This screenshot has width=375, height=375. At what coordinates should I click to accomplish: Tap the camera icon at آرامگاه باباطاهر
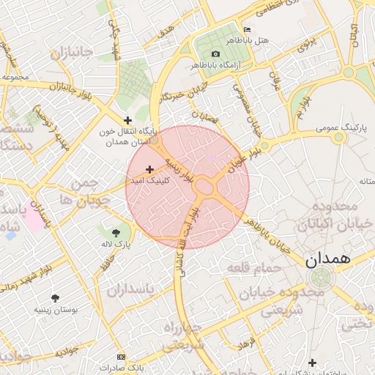pyautogui.click(x=215, y=54)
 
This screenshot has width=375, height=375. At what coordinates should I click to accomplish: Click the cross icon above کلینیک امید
pyautogui.click(x=150, y=169)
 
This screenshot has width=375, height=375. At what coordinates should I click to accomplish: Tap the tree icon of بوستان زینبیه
pyautogui.click(x=55, y=297)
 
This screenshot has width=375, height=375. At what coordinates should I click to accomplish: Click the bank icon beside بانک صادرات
pyautogui.click(x=121, y=357)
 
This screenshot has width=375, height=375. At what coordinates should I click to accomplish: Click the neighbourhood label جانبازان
pyautogui.click(x=73, y=53)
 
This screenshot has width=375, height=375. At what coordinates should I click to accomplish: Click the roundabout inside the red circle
pyautogui.click(x=204, y=187)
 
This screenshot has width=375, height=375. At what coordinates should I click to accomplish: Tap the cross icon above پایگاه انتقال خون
pyautogui.click(x=128, y=120)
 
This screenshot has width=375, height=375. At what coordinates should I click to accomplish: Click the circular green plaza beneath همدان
pyautogui.click(x=320, y=278)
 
